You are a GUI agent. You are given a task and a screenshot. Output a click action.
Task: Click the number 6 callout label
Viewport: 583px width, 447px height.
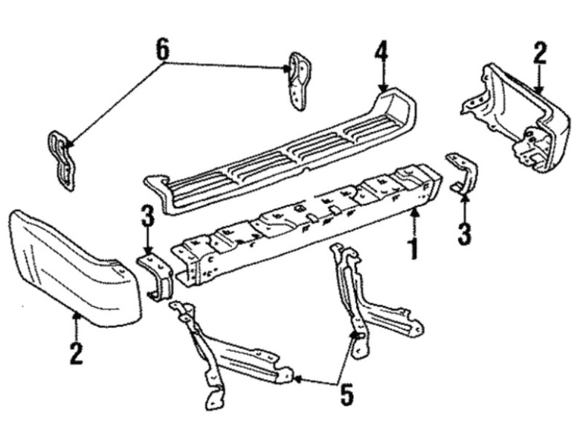tap(162, 51)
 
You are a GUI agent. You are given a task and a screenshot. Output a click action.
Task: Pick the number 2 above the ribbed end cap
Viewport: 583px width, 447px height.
tap(540, 54)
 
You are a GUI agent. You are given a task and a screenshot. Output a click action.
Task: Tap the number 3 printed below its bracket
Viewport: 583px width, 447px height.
tap(465, 234)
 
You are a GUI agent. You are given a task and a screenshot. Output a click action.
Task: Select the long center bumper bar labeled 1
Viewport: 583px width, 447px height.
tap(305, 223)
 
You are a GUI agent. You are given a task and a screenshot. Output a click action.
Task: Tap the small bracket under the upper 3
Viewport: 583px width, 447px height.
tap(156, 276)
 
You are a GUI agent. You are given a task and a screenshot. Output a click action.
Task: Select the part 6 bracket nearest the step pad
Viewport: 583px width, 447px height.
tap(299, 80)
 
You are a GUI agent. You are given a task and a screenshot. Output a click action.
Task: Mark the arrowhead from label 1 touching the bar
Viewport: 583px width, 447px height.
tap(415, 213)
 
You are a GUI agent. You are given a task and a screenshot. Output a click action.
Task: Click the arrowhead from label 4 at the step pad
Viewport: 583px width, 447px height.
tap(382, 88)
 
